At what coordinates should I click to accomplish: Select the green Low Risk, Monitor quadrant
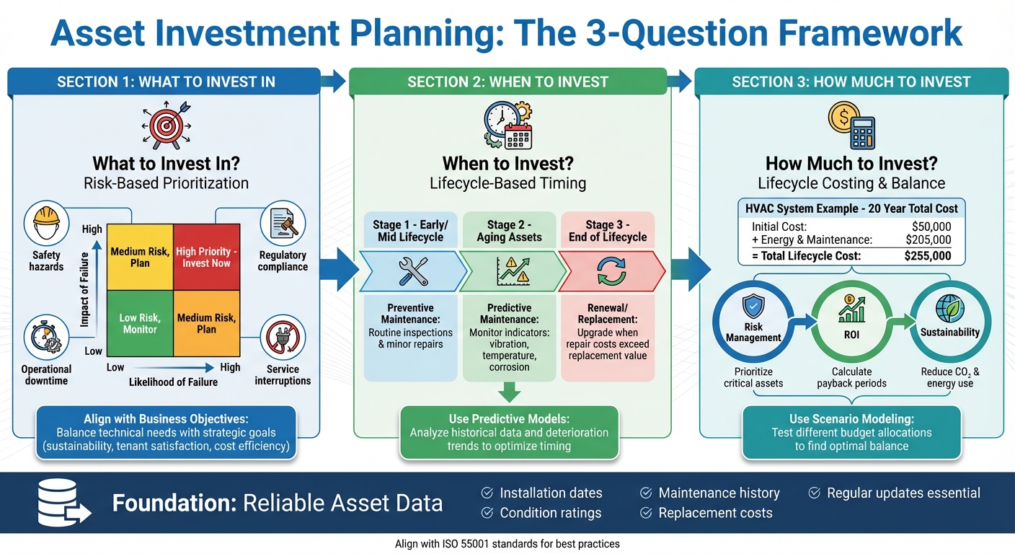140,323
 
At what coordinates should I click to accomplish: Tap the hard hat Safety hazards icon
47,225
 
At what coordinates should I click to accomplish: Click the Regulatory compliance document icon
283,225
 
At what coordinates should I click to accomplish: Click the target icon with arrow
166,125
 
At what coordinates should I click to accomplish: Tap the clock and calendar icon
507,125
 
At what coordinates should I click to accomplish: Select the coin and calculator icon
851,125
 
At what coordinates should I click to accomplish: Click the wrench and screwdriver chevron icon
413,271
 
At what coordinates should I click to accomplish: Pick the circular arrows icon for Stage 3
608,271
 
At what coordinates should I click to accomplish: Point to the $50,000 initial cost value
931,227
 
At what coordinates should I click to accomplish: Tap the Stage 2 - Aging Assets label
509,231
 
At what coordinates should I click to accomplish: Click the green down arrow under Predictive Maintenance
509,392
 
